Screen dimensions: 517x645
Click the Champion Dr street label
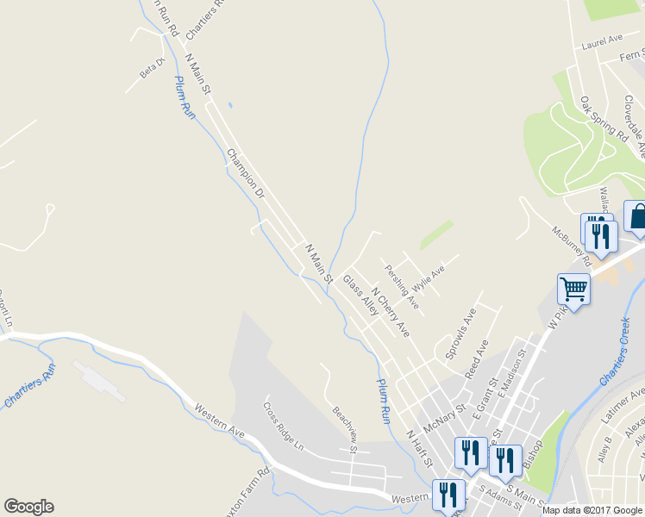[x=246, y=175]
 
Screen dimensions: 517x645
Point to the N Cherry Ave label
[x=390, y=312]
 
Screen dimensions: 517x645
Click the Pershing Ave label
[x=403, y=287]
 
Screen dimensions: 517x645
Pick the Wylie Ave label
[x=428, y=277]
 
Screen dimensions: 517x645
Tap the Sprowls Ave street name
[x=460, y=333]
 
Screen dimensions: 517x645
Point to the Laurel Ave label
[x=602, y=40]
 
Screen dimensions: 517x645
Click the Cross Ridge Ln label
[x=284, y=427]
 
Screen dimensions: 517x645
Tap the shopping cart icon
[x=573, y=288]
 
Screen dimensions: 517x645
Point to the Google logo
[x=28, y=507]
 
